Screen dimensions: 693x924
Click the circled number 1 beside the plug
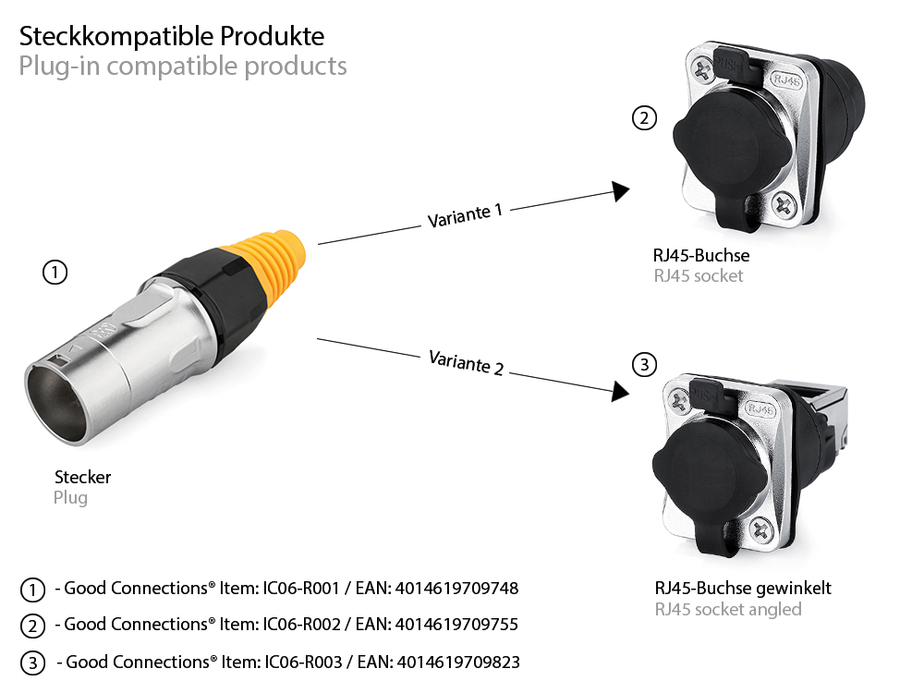coord(55,273)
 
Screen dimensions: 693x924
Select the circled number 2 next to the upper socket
coord(644,118)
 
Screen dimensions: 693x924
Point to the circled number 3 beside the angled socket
coord(645,365)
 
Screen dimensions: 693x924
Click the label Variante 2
coord(466,361)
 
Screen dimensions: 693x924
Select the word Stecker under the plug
coord(82,478)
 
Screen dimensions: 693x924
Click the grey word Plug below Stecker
coord(70,498)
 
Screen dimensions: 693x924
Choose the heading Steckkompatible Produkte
coord(172,37)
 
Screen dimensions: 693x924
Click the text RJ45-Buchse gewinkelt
coord(743,589)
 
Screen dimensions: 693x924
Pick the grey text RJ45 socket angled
coord(727,609)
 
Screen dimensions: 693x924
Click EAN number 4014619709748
coord(456,589)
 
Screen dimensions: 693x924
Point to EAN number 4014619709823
coord(458,663)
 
